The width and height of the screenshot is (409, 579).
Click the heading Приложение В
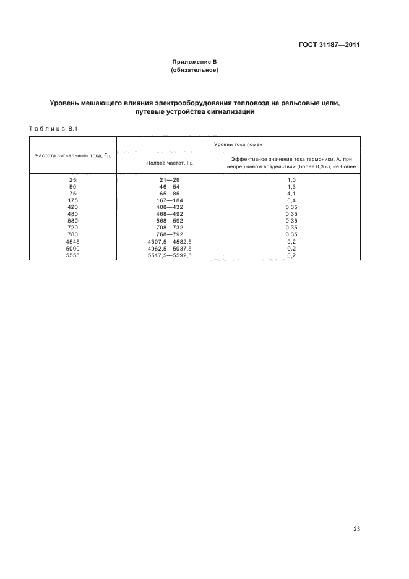(195, 62)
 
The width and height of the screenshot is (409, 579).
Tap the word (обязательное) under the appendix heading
(195, 71)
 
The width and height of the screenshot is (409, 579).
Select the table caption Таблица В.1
(52, 128)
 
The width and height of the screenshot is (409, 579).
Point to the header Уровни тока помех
(238, 144)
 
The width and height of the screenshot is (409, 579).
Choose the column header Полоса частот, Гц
(170, 162)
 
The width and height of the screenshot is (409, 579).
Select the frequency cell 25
(73, 179)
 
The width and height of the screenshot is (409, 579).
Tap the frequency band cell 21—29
(170, 179)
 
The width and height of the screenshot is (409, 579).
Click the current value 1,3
(291, 186)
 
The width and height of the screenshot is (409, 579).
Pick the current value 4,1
(291, 193)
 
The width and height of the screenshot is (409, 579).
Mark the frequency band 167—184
(170, 200)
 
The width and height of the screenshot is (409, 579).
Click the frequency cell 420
(73, 207)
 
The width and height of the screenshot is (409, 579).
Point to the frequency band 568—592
(170, 221)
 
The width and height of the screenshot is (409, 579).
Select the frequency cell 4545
(73, 241)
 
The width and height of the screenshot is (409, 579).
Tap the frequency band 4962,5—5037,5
(170, 248)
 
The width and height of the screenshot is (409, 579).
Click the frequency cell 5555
(73, 255)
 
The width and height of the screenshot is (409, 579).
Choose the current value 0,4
(291, 200)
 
